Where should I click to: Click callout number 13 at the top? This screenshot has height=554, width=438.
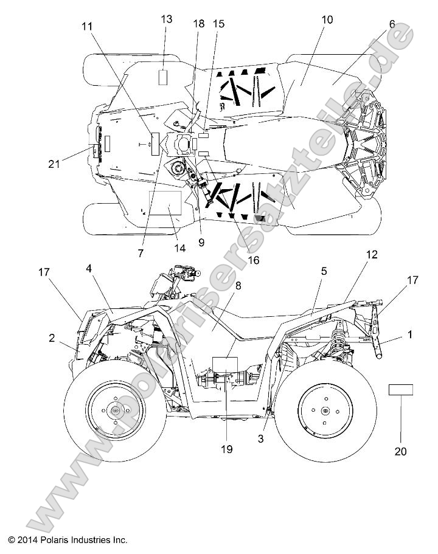coord(167,19)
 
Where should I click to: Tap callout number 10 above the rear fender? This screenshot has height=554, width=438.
coord(327,19)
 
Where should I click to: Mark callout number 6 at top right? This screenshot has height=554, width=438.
coord(392,24)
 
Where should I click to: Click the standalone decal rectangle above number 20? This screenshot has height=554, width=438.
coord(401,390)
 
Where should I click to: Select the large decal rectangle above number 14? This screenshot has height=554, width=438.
coord(164,202)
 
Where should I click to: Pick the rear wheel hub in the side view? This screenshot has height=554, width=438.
coord(324,411)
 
